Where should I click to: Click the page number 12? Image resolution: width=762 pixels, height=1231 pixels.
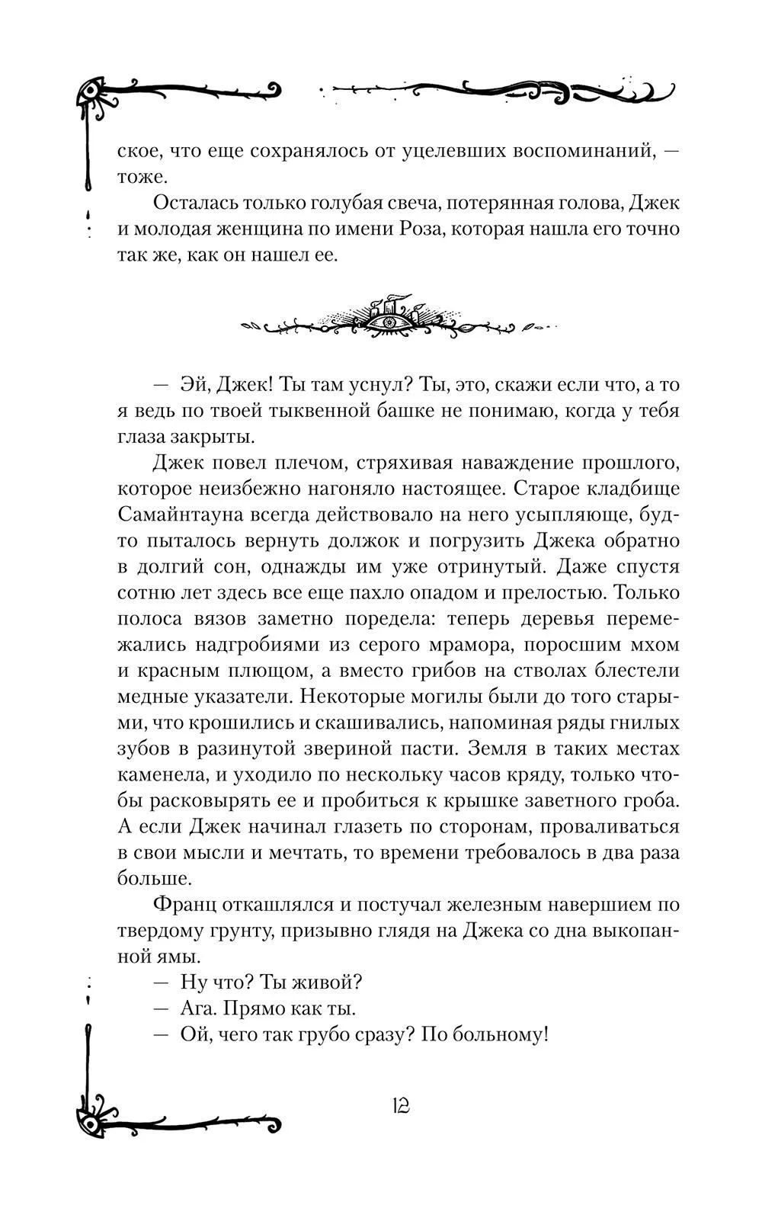click(400, 1105)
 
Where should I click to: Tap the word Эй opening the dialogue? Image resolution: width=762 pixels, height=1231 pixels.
click(194, 385)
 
